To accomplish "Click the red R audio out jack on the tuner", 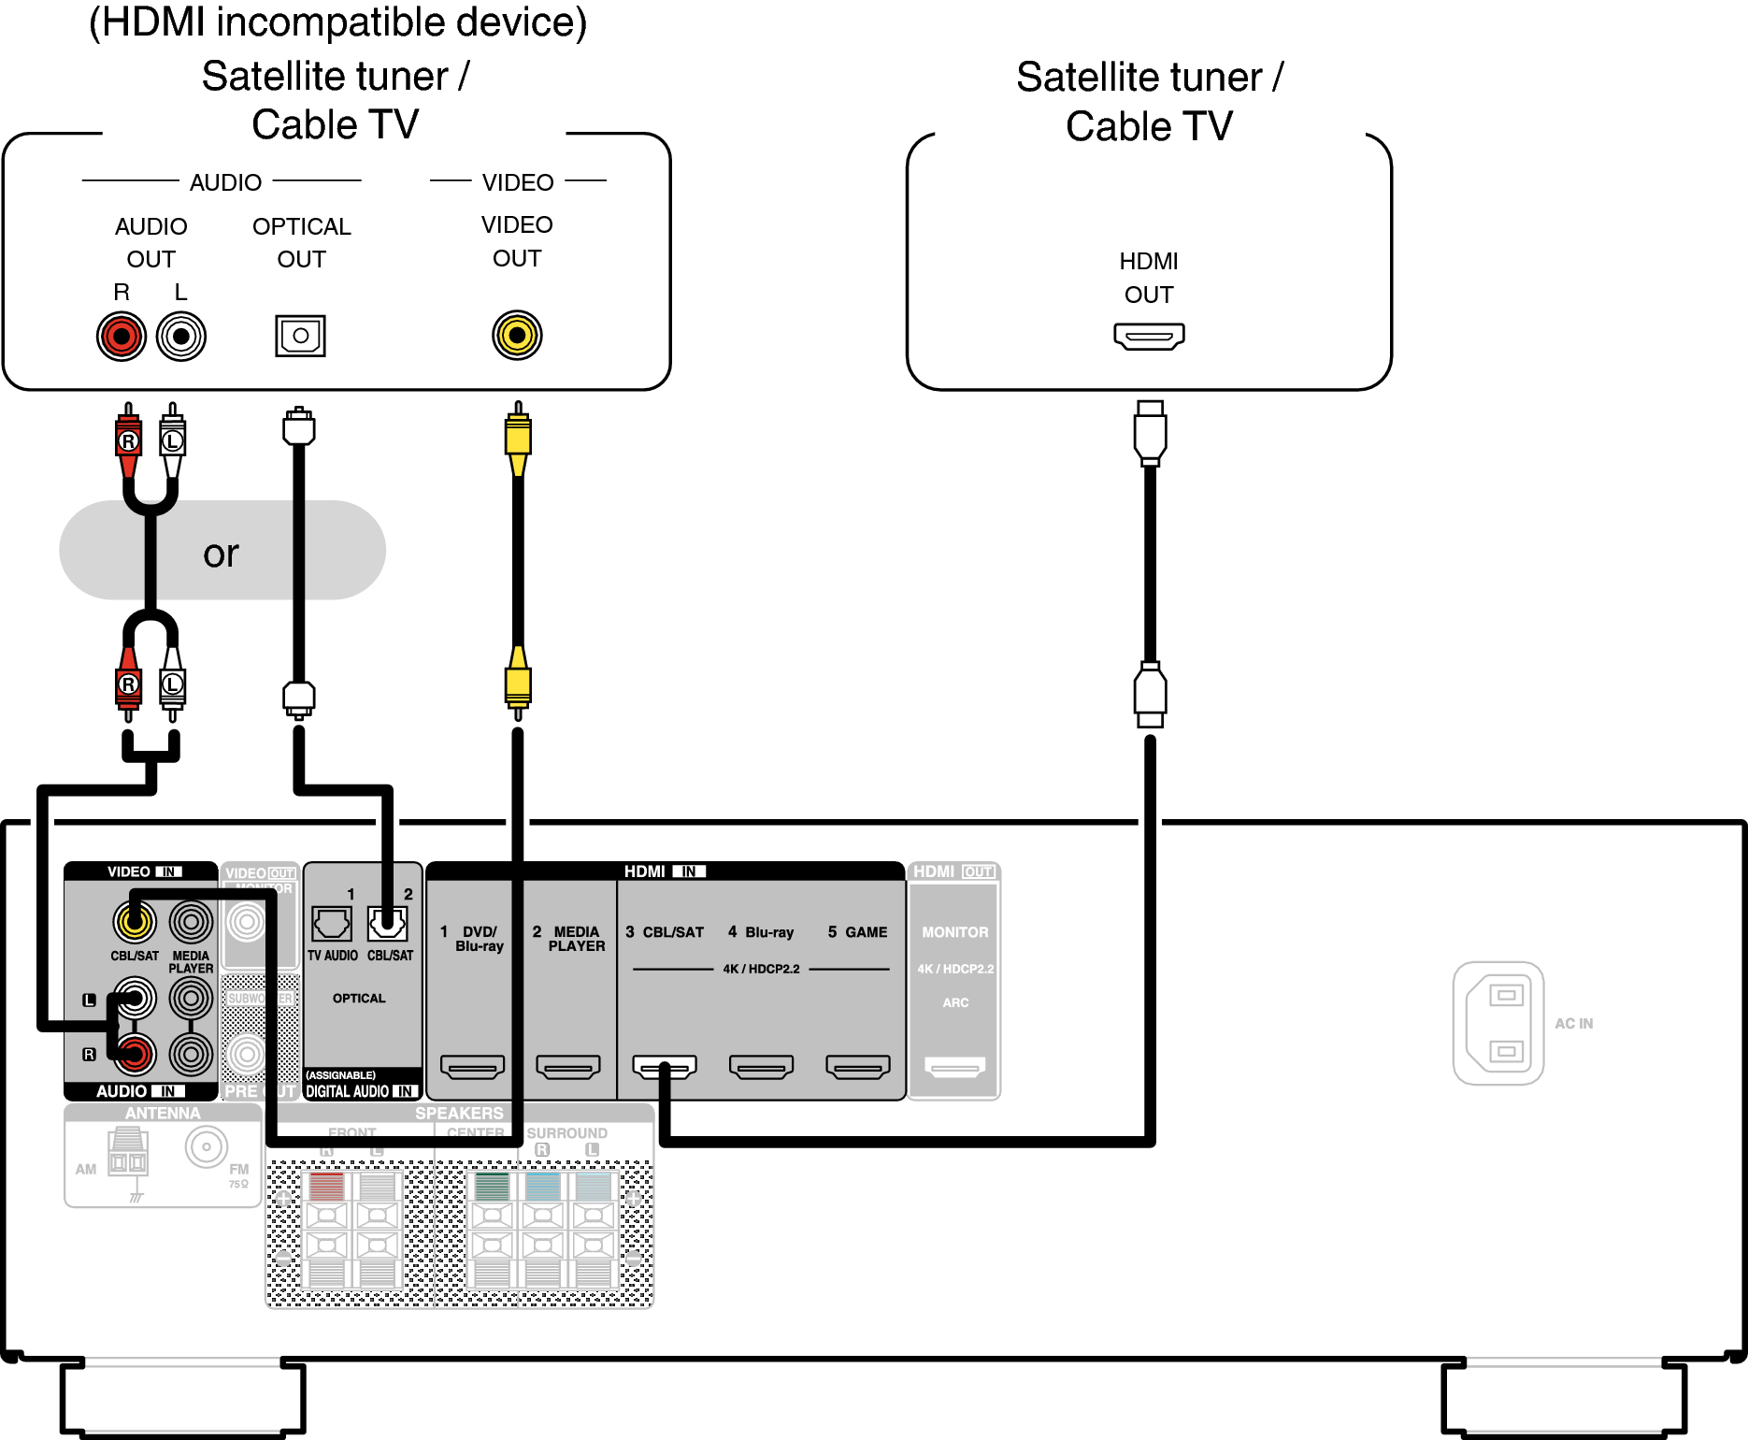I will [x=122, y=337].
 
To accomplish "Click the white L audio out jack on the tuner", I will [x=181, y=337].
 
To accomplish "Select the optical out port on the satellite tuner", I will [x=300, y=336].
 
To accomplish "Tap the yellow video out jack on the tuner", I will [x=517, y=335].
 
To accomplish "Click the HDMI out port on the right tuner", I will [x=1149, y=336].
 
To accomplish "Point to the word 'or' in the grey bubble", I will [x=221, y=554].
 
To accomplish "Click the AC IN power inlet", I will [x=1498, y=1023].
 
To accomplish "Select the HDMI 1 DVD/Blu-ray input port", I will [x=472, y=1066].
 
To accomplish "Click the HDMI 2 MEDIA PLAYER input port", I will [x=568, y=1066].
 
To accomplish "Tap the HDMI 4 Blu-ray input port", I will [x=761, y=1066].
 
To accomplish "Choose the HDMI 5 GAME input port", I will [x=858, y=1066].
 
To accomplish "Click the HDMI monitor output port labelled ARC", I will [x=954, y=1066].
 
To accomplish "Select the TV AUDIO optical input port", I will [x=332, y=924].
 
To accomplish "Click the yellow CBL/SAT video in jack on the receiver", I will [x=134, y=922].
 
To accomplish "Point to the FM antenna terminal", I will [x=207, y=1146].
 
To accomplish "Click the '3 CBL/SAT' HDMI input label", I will [x=665, y=932].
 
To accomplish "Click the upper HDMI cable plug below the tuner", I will [x=1150, y=433].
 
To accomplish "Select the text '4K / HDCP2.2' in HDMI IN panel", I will [x=761, y=969].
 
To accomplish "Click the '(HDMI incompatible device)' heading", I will [x=337, y=22].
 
